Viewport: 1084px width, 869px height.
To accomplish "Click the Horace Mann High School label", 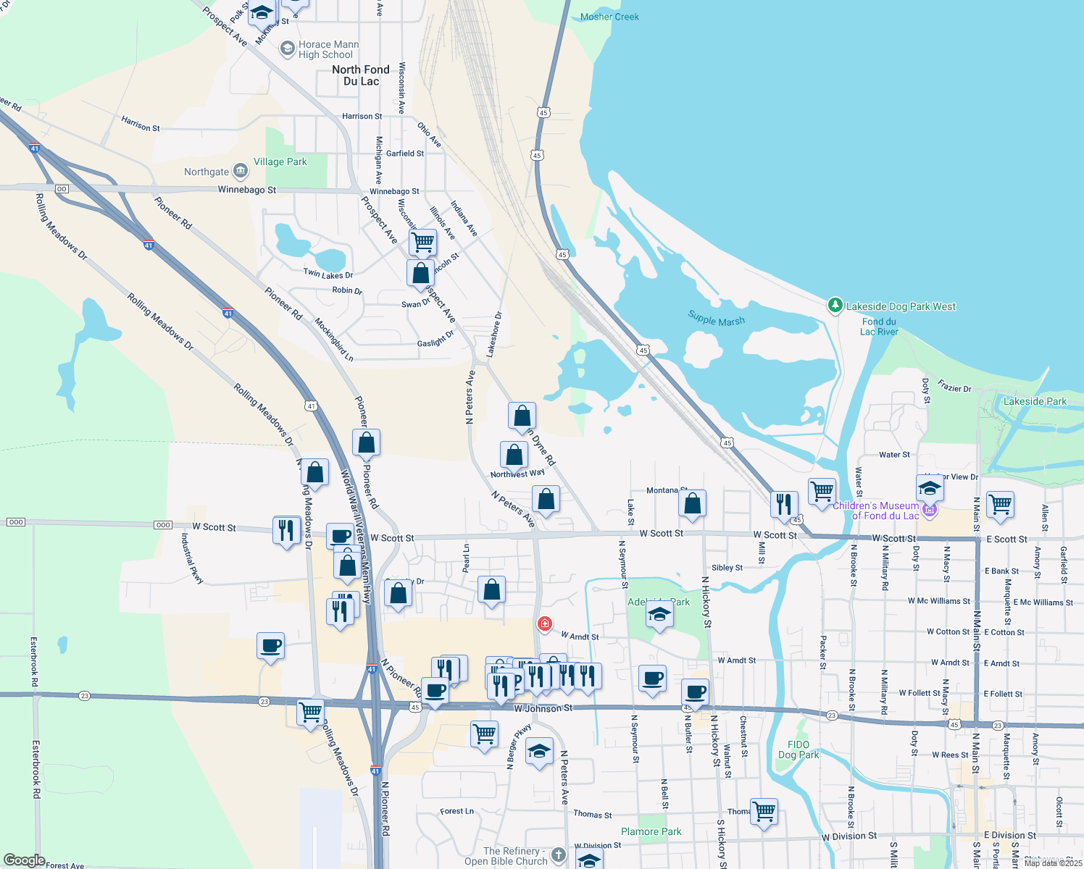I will point(328,49).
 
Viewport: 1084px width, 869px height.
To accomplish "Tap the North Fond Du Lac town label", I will point(361,75).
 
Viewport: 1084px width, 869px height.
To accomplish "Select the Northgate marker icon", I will point(241,172).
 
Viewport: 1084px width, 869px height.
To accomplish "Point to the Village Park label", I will point(280,162).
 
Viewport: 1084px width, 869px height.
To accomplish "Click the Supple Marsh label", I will point(716,319).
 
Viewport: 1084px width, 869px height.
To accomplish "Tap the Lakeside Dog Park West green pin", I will point(835,306).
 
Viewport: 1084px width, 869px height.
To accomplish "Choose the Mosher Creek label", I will point(609,17).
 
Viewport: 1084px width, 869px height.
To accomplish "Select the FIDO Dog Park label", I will point(799,750).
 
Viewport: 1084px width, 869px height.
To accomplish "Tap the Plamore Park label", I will point(651,831).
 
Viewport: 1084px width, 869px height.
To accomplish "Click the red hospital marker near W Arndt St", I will point(545,624).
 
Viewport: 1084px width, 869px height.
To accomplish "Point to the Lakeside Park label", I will point(1035,401).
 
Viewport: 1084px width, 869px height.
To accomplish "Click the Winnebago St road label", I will point(247,190).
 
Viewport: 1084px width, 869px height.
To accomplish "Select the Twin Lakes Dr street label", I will point(328,274).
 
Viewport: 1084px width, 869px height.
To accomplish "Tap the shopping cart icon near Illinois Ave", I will point(422,242).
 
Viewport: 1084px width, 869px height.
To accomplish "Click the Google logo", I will point(24,860).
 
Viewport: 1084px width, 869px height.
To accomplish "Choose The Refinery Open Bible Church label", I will point(506,856).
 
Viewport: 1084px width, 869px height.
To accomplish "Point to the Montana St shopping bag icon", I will point(693,503).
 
